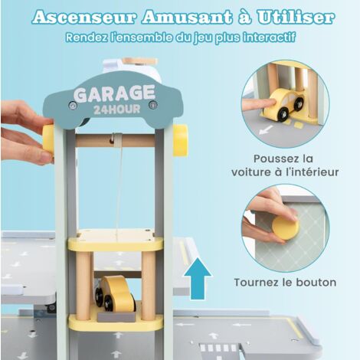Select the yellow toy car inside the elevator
click(115, 293)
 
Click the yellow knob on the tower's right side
click(181, 140)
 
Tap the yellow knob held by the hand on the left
click(48, 139)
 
